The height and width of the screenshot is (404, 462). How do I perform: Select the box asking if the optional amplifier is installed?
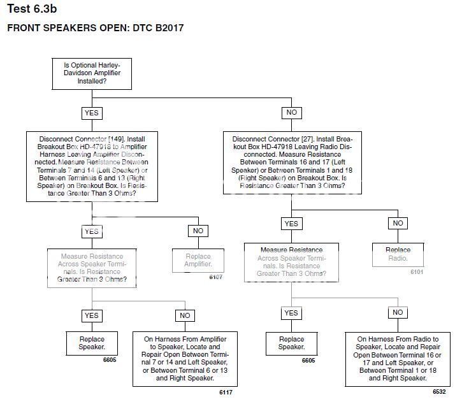(x=92, y=73)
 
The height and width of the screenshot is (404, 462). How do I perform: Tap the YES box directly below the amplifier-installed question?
(x=92, y=113)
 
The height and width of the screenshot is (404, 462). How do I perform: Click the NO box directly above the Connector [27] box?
(x=291, y=113)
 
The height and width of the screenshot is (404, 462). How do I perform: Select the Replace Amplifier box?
(x=198, y=259)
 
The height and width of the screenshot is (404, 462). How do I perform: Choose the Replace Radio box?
(x=398, y=254)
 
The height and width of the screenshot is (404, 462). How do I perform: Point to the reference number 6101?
(x=417, y=271)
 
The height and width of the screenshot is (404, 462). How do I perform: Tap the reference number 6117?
(x=226, y=392)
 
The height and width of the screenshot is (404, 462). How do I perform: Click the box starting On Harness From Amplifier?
(x=185, y=359)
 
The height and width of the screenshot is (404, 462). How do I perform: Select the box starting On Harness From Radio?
(x=398, y=359)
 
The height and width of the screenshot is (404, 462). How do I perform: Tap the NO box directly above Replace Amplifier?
(x=198, y=231)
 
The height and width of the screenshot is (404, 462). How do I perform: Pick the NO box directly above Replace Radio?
(x=398, y=224)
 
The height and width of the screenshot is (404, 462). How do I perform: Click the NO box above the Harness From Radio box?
(x=398, y=313)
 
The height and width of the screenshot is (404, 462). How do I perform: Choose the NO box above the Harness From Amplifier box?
(x=185, y=315)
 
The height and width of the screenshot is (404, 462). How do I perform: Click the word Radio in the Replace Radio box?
(x=398, y=258)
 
